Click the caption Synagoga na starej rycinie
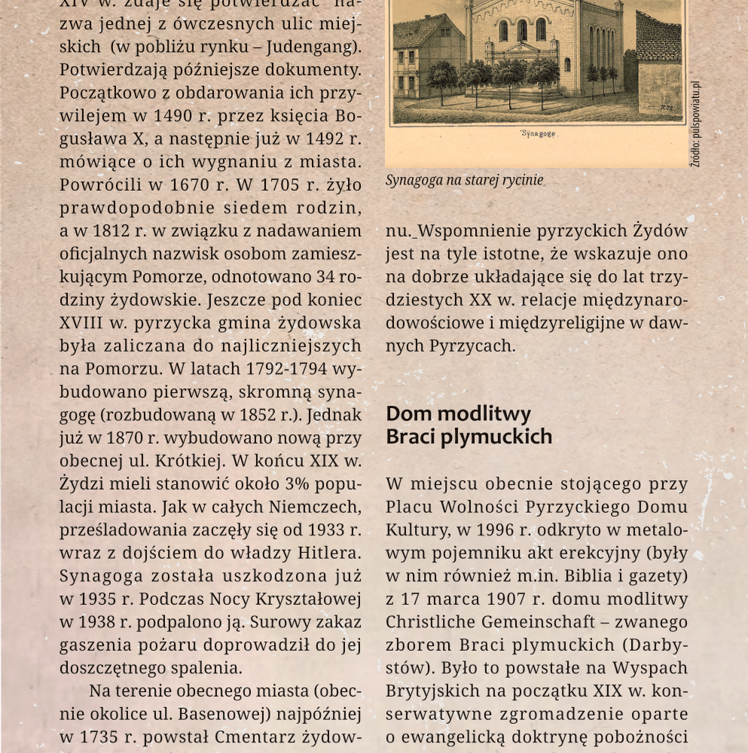pos(464,181)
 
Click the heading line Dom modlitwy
pos(458,413)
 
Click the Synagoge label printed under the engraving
pos(537,134)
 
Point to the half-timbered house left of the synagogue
pos(427,56)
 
